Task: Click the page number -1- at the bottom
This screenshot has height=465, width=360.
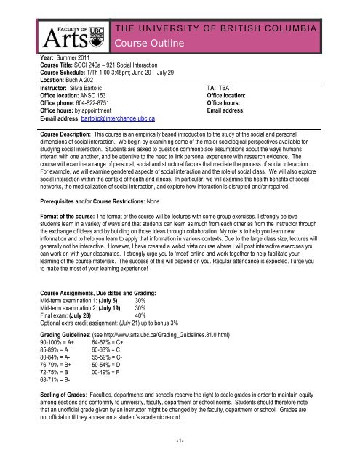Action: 179,458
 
